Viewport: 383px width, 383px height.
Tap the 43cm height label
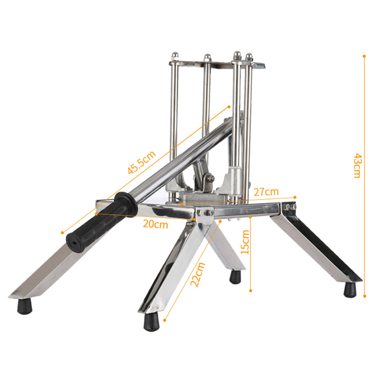(x=357, y=165)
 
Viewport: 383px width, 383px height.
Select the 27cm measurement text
(x=266, y=192)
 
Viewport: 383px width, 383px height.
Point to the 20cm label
(x=155, y=224)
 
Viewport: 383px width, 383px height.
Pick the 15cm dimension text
(x=245, y=242)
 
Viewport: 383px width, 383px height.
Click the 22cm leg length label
(x=198, y=274)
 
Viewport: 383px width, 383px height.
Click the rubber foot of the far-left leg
(x=24, y=306)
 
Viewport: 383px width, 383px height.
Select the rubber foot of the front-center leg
(x=151, y=322)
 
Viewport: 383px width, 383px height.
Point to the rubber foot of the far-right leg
(x=350, y=290)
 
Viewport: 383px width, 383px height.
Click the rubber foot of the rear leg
(x=235, y=277)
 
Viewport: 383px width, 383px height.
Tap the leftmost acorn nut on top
(x=174, y=56)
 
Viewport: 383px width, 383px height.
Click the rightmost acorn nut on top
(x=249, y=57)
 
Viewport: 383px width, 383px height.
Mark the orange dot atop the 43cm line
(x=364, y=56)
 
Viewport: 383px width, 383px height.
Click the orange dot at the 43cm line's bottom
(x=365, y=296)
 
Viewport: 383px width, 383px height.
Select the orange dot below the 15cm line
(x=250, y=290)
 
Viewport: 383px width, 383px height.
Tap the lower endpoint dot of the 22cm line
(x=165, y=320)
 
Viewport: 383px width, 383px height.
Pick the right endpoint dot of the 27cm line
(x=295, y=197)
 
